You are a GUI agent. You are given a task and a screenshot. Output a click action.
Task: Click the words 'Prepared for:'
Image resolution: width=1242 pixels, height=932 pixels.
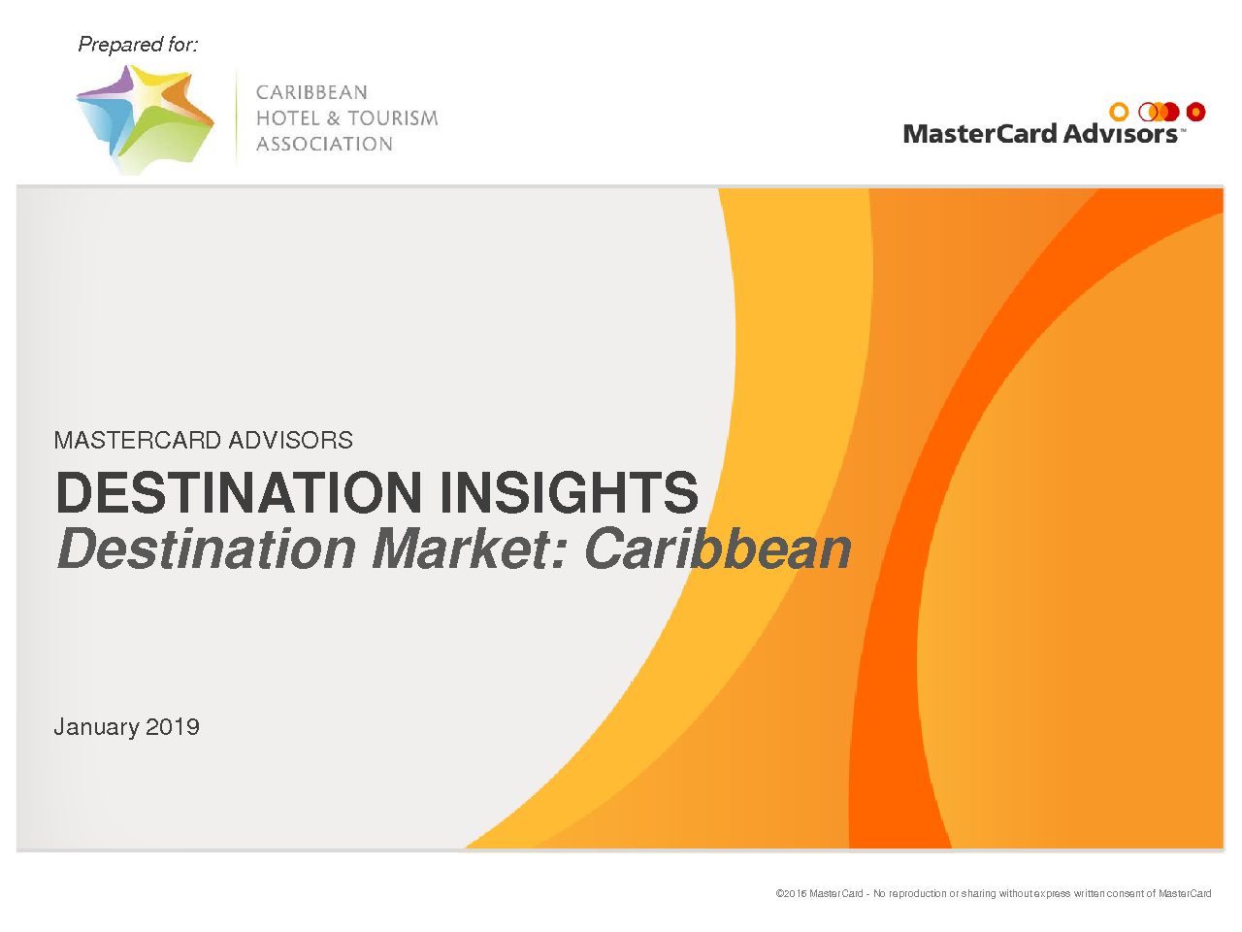[x=138, y=45]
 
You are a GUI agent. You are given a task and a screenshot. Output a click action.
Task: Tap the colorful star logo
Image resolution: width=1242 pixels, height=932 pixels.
[x=146, y=119]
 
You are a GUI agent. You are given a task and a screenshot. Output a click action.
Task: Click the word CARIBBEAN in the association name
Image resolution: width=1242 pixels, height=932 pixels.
[x=311, y=92]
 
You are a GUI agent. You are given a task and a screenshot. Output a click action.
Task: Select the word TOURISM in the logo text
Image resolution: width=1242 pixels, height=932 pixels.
[x=392, y=118]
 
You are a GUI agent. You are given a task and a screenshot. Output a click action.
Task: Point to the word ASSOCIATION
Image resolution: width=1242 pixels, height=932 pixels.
[x=324, y=145]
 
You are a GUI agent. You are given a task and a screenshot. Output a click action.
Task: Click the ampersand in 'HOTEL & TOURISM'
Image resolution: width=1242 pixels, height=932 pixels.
[x=333, y=118]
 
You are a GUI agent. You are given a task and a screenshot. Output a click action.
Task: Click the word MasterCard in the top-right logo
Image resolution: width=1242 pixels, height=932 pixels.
[x=980, y=134]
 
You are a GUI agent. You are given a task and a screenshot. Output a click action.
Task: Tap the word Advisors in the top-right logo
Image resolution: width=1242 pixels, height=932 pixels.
[x=1120, y=134]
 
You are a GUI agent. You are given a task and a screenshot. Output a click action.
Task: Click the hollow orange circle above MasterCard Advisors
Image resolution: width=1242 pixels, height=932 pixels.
[x=1119, y=112]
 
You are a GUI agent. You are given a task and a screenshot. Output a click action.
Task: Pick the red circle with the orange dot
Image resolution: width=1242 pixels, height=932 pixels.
[x=1195, y=112]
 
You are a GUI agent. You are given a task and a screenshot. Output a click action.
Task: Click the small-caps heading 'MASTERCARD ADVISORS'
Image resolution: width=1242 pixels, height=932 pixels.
[x=203, y=440]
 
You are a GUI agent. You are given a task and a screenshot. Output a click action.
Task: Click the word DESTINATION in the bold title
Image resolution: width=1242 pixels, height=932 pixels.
[x=239, y=492]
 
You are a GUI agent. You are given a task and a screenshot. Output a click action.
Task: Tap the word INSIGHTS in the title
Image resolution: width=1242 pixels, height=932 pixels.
[x=569, y=492]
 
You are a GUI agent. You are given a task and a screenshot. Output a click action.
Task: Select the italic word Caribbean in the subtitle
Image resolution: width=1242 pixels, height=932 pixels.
[x=718, y=549]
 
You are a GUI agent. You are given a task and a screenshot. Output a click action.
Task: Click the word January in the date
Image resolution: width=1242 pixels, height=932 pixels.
[x=96, y=727]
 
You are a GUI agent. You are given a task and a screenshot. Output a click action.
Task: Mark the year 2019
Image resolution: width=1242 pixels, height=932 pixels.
[x=173, y=726]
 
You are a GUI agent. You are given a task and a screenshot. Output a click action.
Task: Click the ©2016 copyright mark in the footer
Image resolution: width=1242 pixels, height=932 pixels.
[x=791, y=893]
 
